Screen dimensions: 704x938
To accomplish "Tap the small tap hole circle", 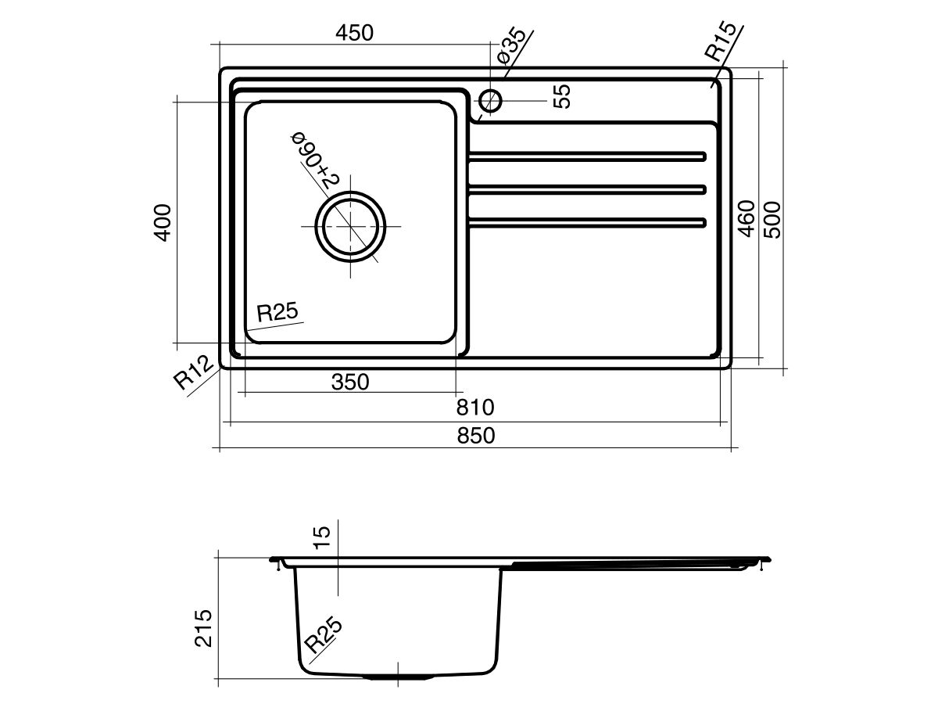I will (490, 100).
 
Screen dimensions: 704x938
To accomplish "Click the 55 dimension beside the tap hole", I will (562, 96).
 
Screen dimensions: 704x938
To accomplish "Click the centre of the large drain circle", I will (351, 226).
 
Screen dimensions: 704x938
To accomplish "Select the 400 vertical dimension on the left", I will (161, 222).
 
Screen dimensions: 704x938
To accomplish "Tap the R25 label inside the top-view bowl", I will (277, 313).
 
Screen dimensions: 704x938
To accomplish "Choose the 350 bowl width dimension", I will (349, 382).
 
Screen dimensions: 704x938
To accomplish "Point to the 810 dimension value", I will (476, 408).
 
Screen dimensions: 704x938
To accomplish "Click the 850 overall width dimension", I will (476, 436).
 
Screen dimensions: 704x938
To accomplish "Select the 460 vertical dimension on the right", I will (746, 219).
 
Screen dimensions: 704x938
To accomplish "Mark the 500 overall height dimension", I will (772, 219).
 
